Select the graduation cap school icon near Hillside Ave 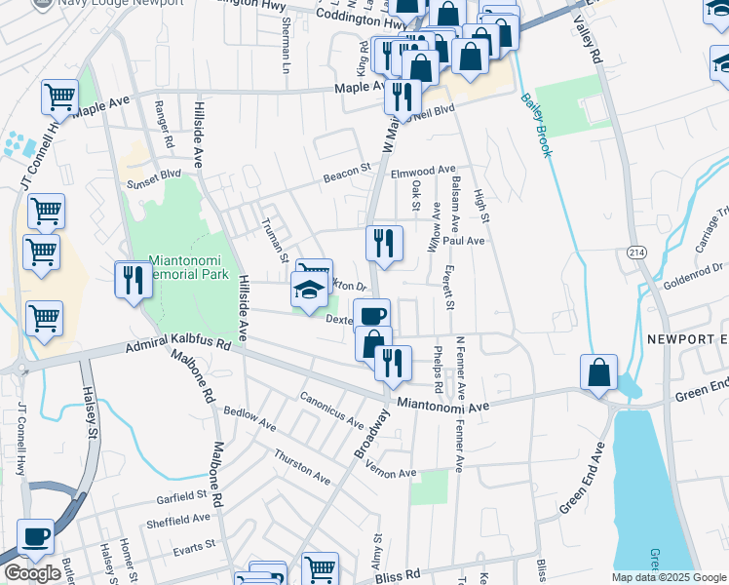pos(309,291)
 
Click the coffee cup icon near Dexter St pos(371,316)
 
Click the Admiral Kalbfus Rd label pos(177,346)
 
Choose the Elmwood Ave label pos(423,171)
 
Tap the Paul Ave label pos(463,240)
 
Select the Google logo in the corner pos(32,573)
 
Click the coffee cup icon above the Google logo pos(36,536)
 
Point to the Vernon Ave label pos(393,473)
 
